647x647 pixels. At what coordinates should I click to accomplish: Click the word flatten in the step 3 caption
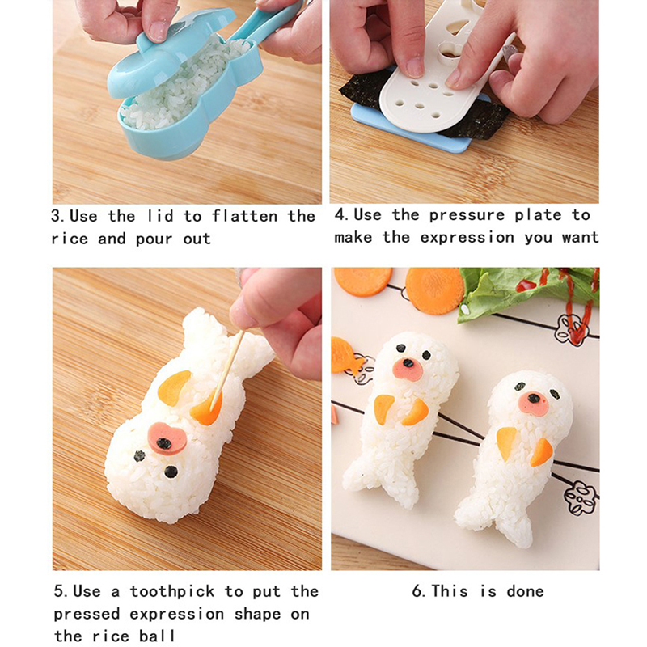244,216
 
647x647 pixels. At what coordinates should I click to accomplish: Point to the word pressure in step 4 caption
467,215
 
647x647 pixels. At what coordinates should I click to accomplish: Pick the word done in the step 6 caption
525,591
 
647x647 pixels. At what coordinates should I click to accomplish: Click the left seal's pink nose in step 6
408,368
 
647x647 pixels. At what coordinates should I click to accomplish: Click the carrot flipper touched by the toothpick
206,408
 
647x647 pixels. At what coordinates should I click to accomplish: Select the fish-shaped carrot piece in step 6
346,355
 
